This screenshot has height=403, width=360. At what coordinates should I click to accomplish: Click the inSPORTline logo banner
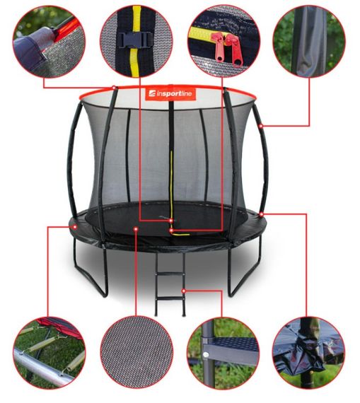tap(170, 94)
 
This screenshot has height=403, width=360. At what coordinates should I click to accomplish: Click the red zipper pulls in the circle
tap(227, 49)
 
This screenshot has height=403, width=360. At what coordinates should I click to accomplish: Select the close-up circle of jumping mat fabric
tap(137, 353)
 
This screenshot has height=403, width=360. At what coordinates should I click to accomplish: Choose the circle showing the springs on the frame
tap(49, 353)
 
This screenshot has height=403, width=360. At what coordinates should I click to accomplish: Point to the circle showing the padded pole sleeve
tap(309, 41)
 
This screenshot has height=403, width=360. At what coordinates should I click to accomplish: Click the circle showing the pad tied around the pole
tap(308, 353)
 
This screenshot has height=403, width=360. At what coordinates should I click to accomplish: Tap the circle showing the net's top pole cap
tap(49, 41)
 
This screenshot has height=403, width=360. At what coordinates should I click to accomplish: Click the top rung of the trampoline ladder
tap(170, 274)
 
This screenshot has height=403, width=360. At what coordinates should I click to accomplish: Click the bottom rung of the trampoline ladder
tap(170, 298)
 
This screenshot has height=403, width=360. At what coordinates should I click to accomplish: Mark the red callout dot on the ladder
tap(184, 291)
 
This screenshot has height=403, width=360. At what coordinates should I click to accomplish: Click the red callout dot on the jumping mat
tap(136, 228)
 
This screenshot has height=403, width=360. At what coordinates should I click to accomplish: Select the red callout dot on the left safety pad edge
tap(75, 227)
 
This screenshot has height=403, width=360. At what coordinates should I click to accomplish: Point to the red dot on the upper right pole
tap(261, 126)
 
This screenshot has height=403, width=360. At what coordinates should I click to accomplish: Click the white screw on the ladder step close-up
tap(206, 355)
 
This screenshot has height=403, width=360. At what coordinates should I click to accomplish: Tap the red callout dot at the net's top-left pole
tap(114, 88)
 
